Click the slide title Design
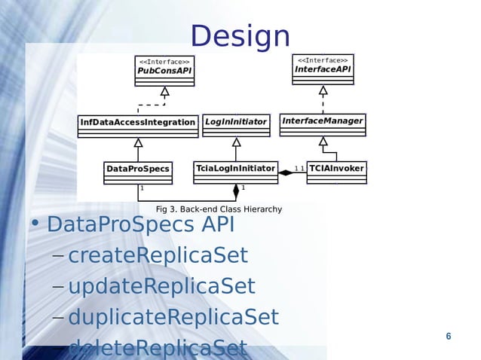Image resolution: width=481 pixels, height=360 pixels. [240, 36]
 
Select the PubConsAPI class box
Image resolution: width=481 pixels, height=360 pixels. [164, 70]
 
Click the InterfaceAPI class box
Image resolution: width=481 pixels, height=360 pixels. [323, 69]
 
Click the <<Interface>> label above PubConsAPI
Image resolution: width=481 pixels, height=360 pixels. [164, 62]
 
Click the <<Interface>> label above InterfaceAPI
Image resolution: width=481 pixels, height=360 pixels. [323, 60]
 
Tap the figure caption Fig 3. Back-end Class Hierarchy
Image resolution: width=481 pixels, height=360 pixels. [219, 209]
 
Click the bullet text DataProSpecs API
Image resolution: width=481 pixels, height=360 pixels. [140, 224]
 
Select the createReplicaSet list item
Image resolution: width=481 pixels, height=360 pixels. [158, 256]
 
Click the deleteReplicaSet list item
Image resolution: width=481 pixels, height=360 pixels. [158, 347]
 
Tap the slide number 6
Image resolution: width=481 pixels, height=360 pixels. [449, 336]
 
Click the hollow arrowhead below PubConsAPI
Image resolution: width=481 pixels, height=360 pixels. [164, 92]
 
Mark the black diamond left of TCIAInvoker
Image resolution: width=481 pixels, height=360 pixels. [286, 172]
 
